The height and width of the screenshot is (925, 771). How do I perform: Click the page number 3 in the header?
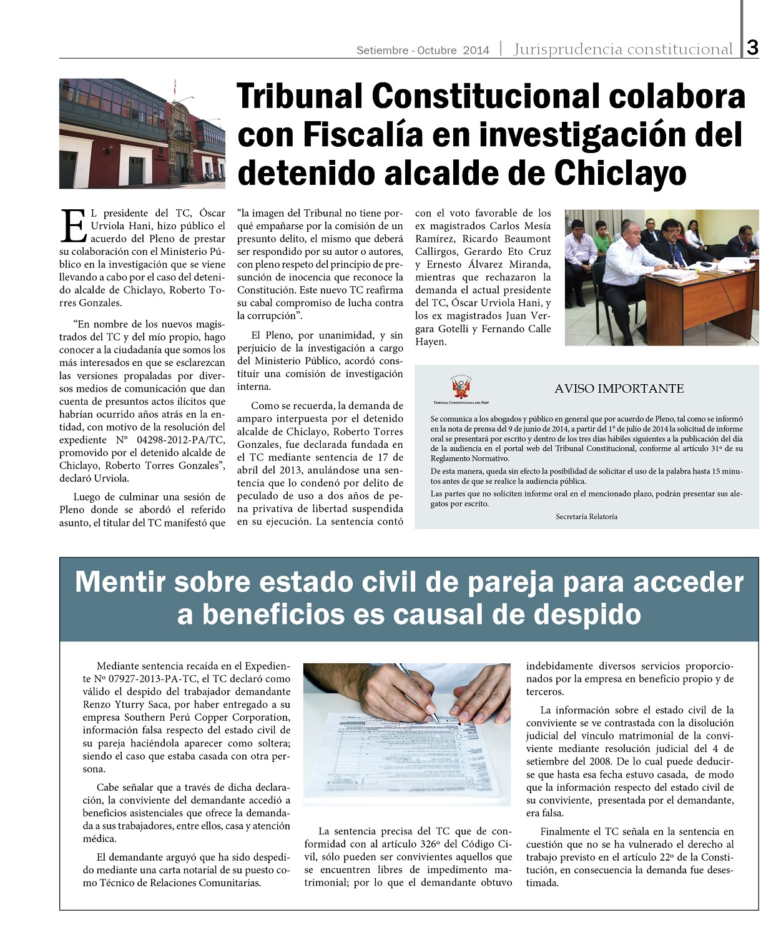click(753, 47)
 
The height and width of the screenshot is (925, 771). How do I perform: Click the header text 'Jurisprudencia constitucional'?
click(623, 49)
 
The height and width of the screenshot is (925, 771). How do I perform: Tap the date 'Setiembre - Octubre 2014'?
click(423, 51)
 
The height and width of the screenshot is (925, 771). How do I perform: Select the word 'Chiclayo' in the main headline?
click(620, 173)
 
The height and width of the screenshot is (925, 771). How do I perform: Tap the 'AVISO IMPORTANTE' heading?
click(619, 388)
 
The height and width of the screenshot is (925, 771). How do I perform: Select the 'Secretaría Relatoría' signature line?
click(586, 517)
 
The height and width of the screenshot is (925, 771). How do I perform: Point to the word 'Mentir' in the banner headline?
click(120, 582)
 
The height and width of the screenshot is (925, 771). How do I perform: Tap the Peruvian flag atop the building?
click(175, 86)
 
